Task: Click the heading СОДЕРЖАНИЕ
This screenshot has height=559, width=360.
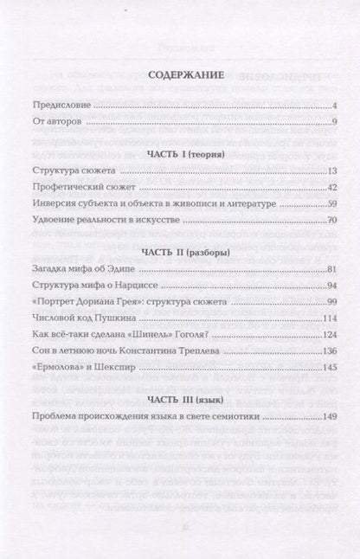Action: [x=180, y=75]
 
